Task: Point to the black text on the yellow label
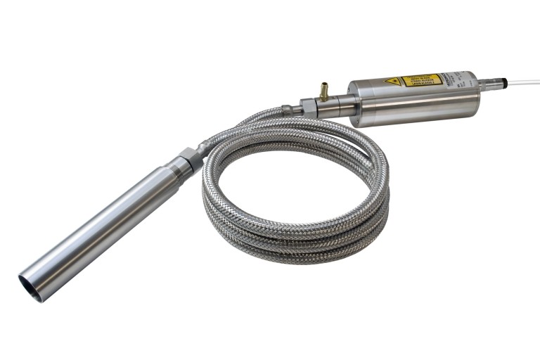coord(421,79)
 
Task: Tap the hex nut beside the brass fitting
coord(307,108)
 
